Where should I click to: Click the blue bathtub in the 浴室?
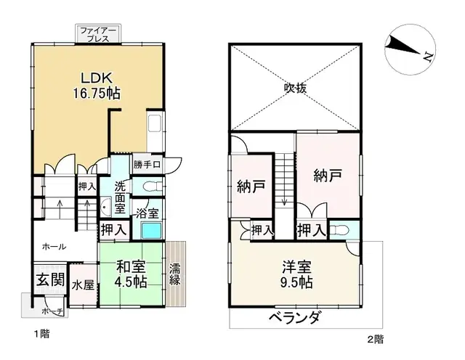pos(151,232)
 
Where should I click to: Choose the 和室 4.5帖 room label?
pos(131,274)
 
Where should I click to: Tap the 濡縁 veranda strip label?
pos(175,274)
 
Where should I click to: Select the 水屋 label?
pos(82,285)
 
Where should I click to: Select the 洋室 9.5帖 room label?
pos(298,273)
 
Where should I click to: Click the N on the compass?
pos(429,55)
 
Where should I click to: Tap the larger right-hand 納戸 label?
pos(327,175)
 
